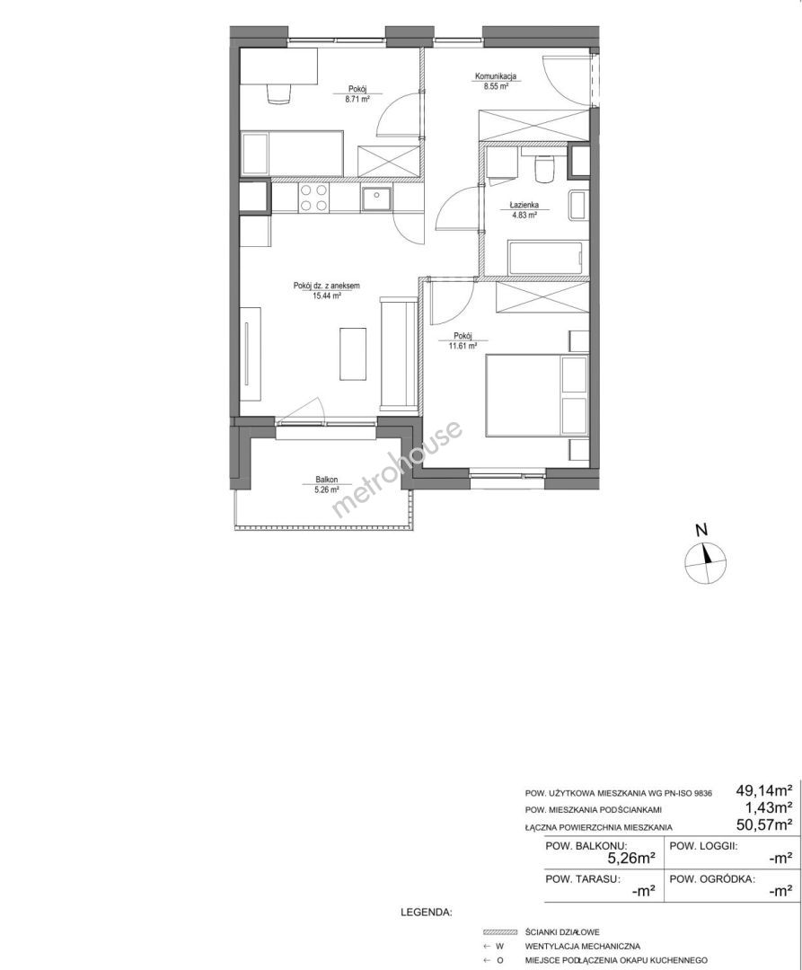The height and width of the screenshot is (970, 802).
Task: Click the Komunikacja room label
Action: (495, 82)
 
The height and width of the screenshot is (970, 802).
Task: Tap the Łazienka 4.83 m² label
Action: (524, 209)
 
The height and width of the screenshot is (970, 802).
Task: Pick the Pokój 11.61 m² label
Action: (463, 341)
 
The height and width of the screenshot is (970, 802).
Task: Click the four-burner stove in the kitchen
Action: (313, 198)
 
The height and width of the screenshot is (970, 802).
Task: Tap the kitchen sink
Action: (376, 199)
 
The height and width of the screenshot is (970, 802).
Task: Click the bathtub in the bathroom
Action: (545, 258)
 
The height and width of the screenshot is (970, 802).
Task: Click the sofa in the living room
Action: (397, 353)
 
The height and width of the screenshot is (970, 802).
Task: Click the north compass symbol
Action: (705, 560)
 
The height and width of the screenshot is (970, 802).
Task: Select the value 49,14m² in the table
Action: (765, 790)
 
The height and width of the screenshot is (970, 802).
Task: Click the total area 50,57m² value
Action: (765, 824)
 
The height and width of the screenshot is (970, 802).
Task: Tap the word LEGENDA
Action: (426, 912)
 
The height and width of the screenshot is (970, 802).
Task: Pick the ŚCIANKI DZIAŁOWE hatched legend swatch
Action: (500, 931)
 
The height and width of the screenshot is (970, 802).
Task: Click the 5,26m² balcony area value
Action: (631, 858)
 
